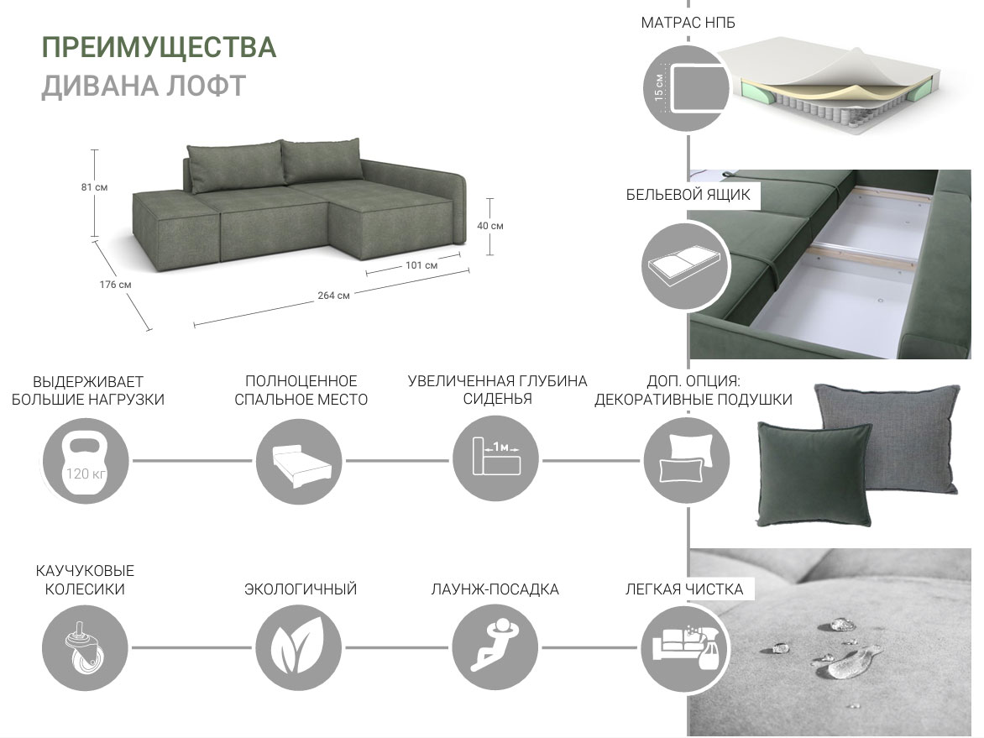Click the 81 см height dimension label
coord(94,187)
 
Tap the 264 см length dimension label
coord(333,295)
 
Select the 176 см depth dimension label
coord(116,285)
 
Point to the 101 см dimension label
coord(421,264)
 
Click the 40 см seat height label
coord(490,225)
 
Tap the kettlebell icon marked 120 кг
coord(86,461)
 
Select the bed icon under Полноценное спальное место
coord(300,461)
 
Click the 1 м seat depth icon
coord(495,458)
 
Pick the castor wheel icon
coord(85,647)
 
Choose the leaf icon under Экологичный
coord(300,647)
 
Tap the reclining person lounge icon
coord(495,647)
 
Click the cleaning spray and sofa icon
coord(685,647)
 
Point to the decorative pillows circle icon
coord(687,460)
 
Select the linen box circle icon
coord(686,265)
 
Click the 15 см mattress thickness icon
coord(686,88)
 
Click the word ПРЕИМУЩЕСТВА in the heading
coord(159,48)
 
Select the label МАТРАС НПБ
coord(688,23)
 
